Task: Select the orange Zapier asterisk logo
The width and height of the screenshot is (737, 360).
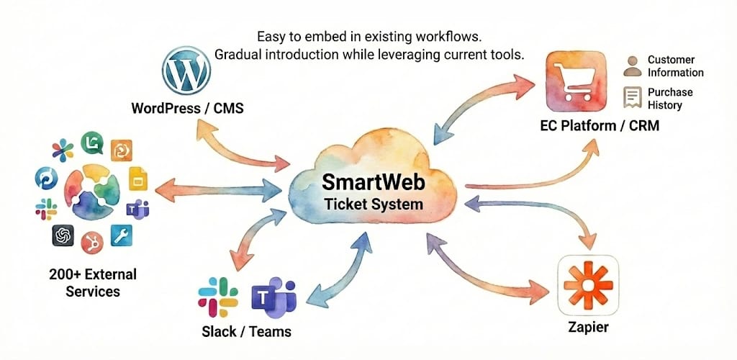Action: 588,286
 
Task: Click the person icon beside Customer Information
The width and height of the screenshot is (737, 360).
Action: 633,66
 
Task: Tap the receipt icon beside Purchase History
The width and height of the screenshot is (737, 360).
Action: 633,97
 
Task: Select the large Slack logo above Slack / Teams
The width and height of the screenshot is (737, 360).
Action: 218,297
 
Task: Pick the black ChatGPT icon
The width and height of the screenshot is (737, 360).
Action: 63,235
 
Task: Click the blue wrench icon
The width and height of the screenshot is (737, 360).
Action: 122,235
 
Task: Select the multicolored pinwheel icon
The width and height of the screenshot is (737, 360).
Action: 63,150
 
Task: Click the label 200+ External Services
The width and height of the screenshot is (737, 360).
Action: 92,283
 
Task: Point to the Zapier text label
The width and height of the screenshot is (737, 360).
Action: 587,328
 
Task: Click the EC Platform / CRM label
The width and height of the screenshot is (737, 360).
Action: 600,126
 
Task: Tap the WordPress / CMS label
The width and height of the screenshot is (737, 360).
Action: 187,109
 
